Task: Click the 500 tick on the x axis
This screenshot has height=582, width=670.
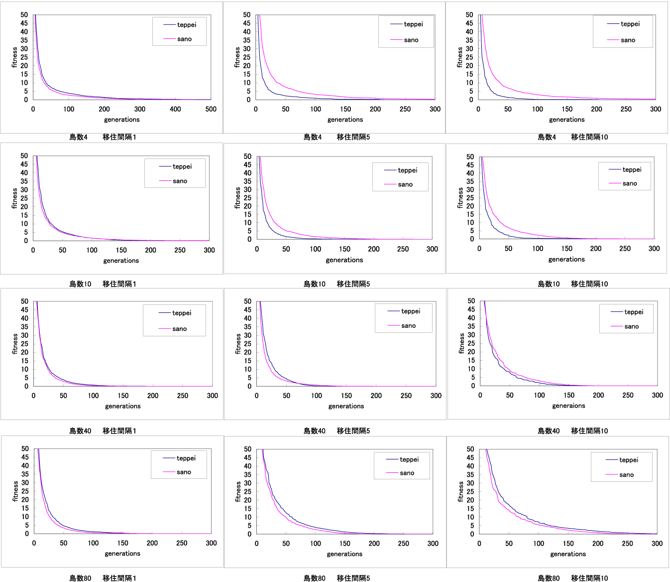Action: [211, 109]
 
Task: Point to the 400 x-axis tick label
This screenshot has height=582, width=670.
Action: [175, 109]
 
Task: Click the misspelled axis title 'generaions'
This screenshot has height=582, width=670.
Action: [568, 406]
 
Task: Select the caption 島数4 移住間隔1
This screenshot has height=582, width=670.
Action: [103, 137]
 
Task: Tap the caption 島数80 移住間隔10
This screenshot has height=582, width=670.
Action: [572, 578]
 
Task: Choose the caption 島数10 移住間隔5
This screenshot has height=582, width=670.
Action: [336, 284]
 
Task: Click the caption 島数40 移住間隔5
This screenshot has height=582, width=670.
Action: [336, 431]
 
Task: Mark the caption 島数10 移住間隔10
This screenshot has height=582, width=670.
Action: [572, 284]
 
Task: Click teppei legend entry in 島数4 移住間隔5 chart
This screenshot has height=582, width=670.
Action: [413, 24]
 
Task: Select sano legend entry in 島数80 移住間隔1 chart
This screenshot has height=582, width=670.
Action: [184, 472]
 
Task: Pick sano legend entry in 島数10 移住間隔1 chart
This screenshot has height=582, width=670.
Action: [180, 181]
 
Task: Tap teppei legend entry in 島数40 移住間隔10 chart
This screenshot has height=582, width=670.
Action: [633, 312]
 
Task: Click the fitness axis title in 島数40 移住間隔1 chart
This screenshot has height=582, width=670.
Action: [14, 344]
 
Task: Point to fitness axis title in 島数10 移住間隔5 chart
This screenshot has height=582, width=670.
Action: [237, 198]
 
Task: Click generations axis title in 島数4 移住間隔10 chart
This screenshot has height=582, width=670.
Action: [566, 120]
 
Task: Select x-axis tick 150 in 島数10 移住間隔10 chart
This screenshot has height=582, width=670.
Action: [566, 249]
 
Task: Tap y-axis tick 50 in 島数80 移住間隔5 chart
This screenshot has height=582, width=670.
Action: [247, 449]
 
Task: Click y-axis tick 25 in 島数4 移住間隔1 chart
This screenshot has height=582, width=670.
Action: [24, 57]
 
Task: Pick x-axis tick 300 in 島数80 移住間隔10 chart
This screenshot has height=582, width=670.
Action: [657, 544]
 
